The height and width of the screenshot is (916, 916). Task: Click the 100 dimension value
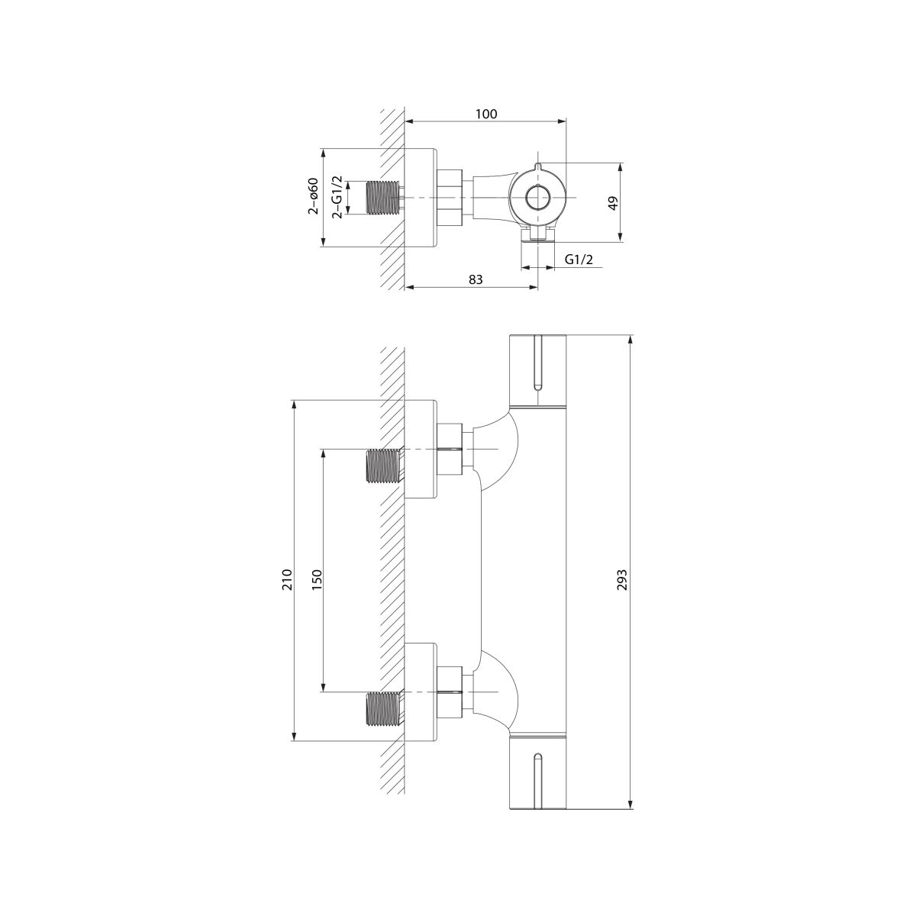pyautogui.click(x=486, y=114)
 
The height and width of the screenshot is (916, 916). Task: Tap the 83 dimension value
pyautogui.click(x=476, y=279)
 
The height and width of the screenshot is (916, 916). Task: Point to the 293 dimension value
pyautogui.click(x=622, y=579)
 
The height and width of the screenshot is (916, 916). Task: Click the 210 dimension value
pyautogui.click(x=287, y=579)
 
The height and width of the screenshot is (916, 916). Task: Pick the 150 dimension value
pyautogui.click(x=317, y=579)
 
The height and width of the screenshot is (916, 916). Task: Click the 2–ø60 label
pyautogui.click(x=313, y=196)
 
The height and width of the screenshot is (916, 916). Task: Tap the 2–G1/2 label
pyautogui.click(x=337, y=197)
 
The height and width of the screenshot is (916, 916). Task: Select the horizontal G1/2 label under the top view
pyautogui.click(x=579, y=260)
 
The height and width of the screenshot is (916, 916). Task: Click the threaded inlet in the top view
pyautogui.click(x=385, y=197)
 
